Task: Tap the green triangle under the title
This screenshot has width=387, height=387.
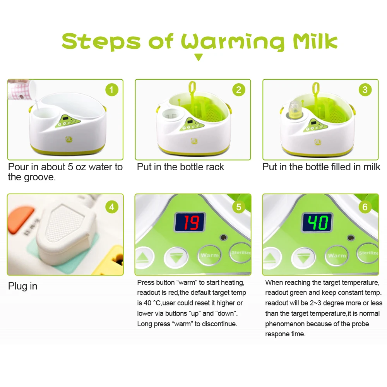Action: (199, 58)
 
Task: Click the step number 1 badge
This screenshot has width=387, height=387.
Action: (111, 90)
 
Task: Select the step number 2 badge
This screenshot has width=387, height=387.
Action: (239, 90)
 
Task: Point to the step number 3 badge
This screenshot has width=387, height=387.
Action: (365, 90)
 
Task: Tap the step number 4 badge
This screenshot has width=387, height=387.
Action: (111, 207)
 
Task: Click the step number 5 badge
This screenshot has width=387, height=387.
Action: (239, 207)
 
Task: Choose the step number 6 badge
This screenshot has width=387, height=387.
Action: (365, 207)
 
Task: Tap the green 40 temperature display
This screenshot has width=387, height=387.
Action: (317, 223)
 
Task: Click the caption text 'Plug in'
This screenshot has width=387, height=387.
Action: (23, 286)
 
